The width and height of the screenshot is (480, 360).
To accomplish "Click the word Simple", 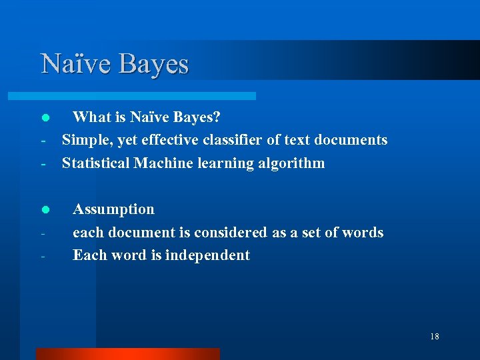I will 85,140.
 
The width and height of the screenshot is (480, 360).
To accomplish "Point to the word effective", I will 175,140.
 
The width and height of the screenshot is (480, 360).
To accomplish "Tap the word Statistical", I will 96,163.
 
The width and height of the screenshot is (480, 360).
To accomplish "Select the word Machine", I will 163,163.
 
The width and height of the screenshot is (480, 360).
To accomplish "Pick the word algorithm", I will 293,163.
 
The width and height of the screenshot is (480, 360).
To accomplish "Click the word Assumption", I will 113,209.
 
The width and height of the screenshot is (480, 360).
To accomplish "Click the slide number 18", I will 435,337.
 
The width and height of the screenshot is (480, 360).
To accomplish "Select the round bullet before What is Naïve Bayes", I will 45,118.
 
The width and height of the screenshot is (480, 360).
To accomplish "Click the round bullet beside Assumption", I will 45,210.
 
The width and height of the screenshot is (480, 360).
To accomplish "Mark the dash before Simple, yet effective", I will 43,141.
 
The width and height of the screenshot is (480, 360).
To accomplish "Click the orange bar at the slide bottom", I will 127,353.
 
